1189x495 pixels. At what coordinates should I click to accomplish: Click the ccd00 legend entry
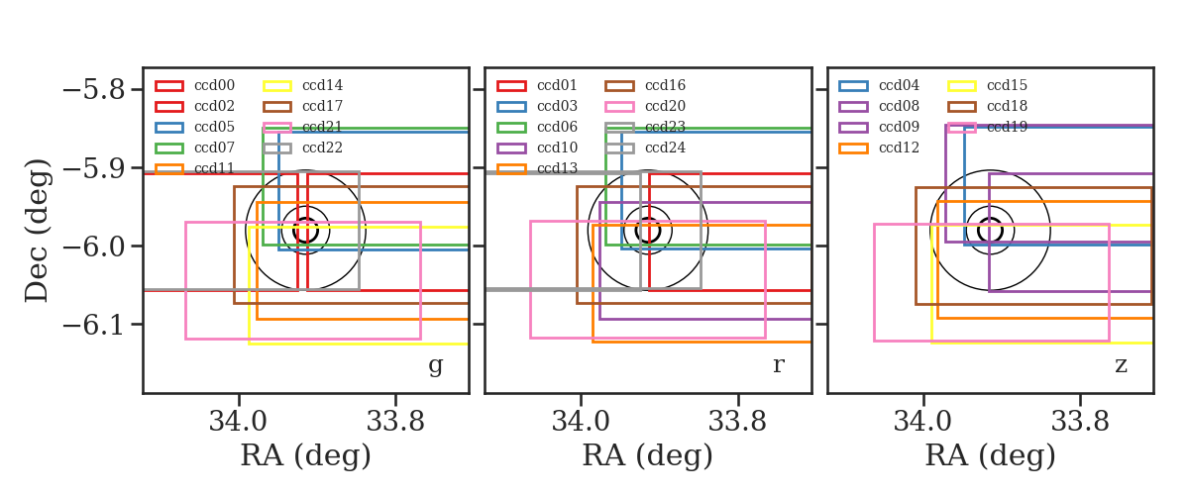pyautogui.click(x=214, y=85)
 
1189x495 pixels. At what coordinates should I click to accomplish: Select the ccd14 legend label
pyautogui.click(x=322, y=85)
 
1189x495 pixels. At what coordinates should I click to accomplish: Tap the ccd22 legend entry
pyautogui.click(x=322, y=148)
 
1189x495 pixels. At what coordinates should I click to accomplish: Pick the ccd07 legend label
pyautogui.click(x=214, y=148)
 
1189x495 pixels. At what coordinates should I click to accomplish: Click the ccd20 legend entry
pyautogui.click(x=665, y=106)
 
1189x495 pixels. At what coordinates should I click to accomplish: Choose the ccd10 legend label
pyautogui.click(x=557, y=148)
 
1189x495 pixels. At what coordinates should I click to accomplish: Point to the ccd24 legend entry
pyautogui.click(x=665, y=148)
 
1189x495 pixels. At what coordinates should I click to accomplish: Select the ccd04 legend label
pyautogui.click(x=900, y=85)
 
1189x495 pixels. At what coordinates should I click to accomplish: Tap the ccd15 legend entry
pyautogui.click(x=1007, y=85)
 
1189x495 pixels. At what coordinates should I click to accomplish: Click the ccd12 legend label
pyautogui.click(x=900, y=148)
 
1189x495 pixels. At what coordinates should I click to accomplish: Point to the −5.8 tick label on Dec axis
pyautogui.click(x=94, y=90)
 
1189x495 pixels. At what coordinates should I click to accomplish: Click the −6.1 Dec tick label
pyautogui.click(x=94, y=324)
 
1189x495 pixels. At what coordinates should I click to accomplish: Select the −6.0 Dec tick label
pyautogui.click(x=94, y=247)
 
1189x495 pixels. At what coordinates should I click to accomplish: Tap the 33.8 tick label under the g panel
pyautogui.click(x=395, y=422)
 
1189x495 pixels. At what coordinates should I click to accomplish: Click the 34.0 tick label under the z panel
pyautogui.click(x=923, y=422)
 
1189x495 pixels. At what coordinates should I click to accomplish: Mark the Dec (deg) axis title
pyautogui.click(x=38, y=231)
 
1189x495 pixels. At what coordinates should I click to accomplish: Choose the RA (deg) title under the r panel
pyautogui.click(x=648, y=455)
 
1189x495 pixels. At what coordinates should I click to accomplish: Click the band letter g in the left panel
pyautogui.click(x=435, y=366)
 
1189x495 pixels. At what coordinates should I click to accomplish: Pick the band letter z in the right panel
pyautogui.click(x=1121, y=365)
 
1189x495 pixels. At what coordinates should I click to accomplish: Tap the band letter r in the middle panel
pyautogui.click(x=778, y=365)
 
